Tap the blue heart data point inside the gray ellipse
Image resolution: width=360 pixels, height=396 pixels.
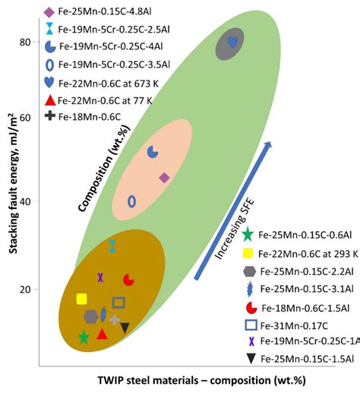[x=232, y=43]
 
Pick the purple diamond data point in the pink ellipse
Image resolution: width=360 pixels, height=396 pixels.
[x=164, y=178]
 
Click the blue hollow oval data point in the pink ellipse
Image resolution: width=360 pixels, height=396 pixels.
[x=131, y=201]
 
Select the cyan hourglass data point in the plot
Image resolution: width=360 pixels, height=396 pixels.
[x=112, y=246]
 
